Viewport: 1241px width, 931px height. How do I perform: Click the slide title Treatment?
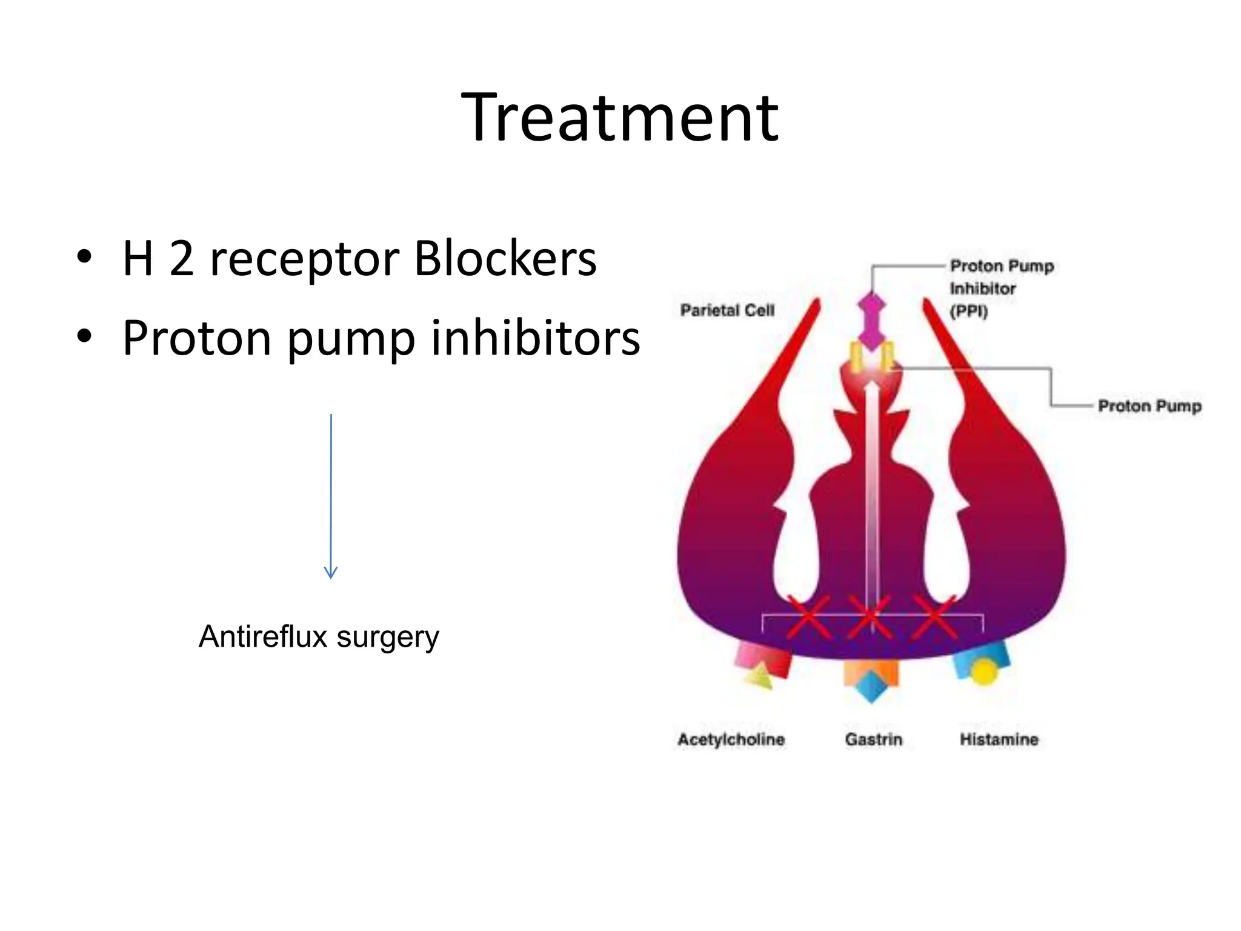(x=619, y=118)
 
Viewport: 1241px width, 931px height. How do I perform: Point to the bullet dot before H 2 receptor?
(x=84, y=257)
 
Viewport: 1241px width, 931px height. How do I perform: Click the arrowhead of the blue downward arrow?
(x=330, y=572)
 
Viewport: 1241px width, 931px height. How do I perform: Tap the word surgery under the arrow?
(x=388, y=638)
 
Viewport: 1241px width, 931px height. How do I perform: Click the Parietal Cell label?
(x=727, y=310)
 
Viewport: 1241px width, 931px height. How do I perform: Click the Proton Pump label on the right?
(x=1149, y=406)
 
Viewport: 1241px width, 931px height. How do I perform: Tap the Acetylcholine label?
(x=731, y=739)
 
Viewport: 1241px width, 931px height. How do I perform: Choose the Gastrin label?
(x=873, y=739)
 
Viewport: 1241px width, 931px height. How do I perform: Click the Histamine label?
(x=999, y=739)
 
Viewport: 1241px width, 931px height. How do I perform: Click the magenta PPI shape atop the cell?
(x=871, y=321)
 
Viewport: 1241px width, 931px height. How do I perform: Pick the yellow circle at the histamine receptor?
(x=983, y=672)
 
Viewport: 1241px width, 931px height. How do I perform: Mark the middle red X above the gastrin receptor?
(x=871, y=618)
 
